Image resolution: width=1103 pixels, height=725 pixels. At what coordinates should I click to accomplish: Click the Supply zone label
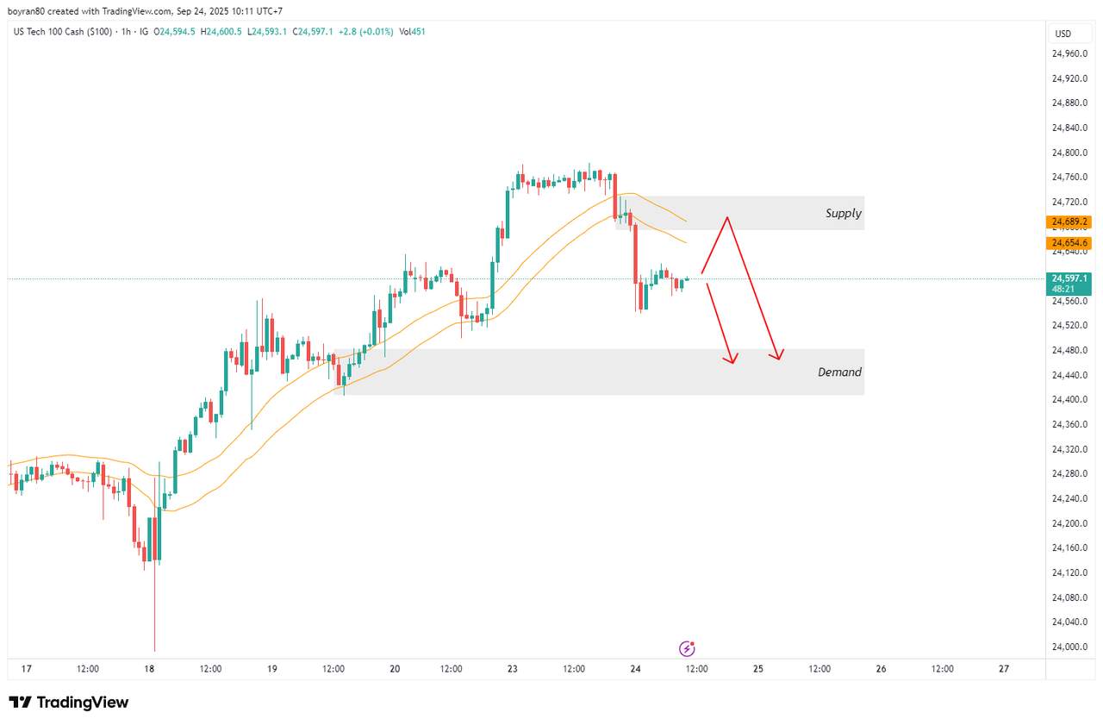(x=843, y=213)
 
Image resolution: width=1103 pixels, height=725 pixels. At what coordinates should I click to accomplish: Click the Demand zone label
(x=839, y=372)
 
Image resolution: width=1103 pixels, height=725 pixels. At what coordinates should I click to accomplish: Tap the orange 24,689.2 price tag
(x=1069, y=222)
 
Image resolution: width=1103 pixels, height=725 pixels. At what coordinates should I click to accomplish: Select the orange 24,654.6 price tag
(x=1069, y=243)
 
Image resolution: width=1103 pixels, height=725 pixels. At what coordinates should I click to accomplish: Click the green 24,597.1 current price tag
(x=1069, y=278)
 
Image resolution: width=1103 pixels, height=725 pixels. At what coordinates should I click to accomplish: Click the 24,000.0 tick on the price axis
(x=1069, y=647)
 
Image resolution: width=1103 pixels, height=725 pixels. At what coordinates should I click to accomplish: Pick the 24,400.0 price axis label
(x=1069, y=400)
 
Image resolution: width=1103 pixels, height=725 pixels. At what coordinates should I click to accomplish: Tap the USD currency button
(x=1063, y=34)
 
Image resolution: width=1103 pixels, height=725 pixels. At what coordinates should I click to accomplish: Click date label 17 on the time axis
(x=27, y=669)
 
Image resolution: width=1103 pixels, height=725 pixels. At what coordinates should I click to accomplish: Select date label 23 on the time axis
(x=513, y=669)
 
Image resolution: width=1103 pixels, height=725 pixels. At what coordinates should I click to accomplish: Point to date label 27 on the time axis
(x=1004, y=669)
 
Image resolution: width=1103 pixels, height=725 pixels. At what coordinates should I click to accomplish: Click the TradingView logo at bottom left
(x=69, y=703)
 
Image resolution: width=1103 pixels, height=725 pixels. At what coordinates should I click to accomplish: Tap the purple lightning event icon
(x=687, y=648)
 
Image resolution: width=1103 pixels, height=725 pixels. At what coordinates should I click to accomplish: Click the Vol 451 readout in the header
(x=412, y=32)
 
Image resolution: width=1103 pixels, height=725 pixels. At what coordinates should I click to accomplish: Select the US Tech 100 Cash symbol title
(x=62, y=32)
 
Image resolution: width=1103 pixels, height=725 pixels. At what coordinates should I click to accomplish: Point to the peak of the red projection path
(x=727, y=217)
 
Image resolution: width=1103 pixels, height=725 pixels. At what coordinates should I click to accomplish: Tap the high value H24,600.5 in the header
(x=221, y=32)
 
